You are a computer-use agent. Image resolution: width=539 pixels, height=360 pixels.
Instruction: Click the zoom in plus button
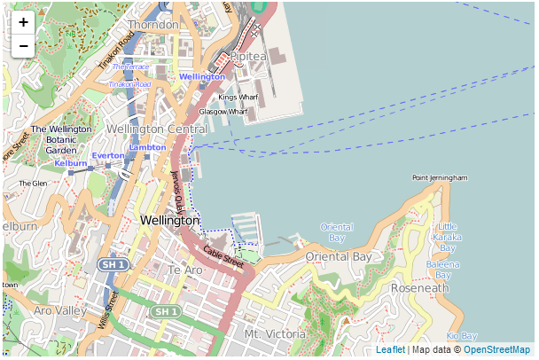(x=23, y=22)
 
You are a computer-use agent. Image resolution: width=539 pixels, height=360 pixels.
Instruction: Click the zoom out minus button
(x=23, y=45)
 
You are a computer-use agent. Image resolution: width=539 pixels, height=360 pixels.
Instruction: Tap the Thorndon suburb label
(x=152, y=25)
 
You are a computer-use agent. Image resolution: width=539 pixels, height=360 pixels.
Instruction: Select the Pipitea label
(x=248, y=56)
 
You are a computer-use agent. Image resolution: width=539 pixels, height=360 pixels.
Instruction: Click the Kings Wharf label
(x=238, y=97)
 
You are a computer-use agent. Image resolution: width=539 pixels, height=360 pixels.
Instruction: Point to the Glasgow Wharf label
(x=223, y=112)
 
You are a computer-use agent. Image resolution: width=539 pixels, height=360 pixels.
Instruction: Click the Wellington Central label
(x=156, y=129)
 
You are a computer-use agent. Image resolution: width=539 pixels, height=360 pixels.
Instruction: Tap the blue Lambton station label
(x=147, y=146)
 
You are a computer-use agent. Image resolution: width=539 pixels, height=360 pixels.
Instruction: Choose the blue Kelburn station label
(x=71, y=163)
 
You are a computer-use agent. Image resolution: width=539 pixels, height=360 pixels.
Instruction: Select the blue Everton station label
(x=108, y=155)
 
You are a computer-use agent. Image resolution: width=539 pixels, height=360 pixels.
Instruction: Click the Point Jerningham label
(x=440, y=177)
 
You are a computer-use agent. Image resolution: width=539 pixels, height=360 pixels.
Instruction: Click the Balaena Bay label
(x=442, y=270)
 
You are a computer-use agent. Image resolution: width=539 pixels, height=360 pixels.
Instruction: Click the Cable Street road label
(x=223, y=257)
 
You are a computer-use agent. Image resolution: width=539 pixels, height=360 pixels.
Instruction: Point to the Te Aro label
(x=186, y=270)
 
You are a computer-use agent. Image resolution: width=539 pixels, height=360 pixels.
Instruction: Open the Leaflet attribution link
(x=390, y=350)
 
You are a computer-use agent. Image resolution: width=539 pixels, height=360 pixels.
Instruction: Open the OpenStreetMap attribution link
(x=496, y=350)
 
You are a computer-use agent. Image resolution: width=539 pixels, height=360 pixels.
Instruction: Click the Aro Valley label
(x=59, y=311)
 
